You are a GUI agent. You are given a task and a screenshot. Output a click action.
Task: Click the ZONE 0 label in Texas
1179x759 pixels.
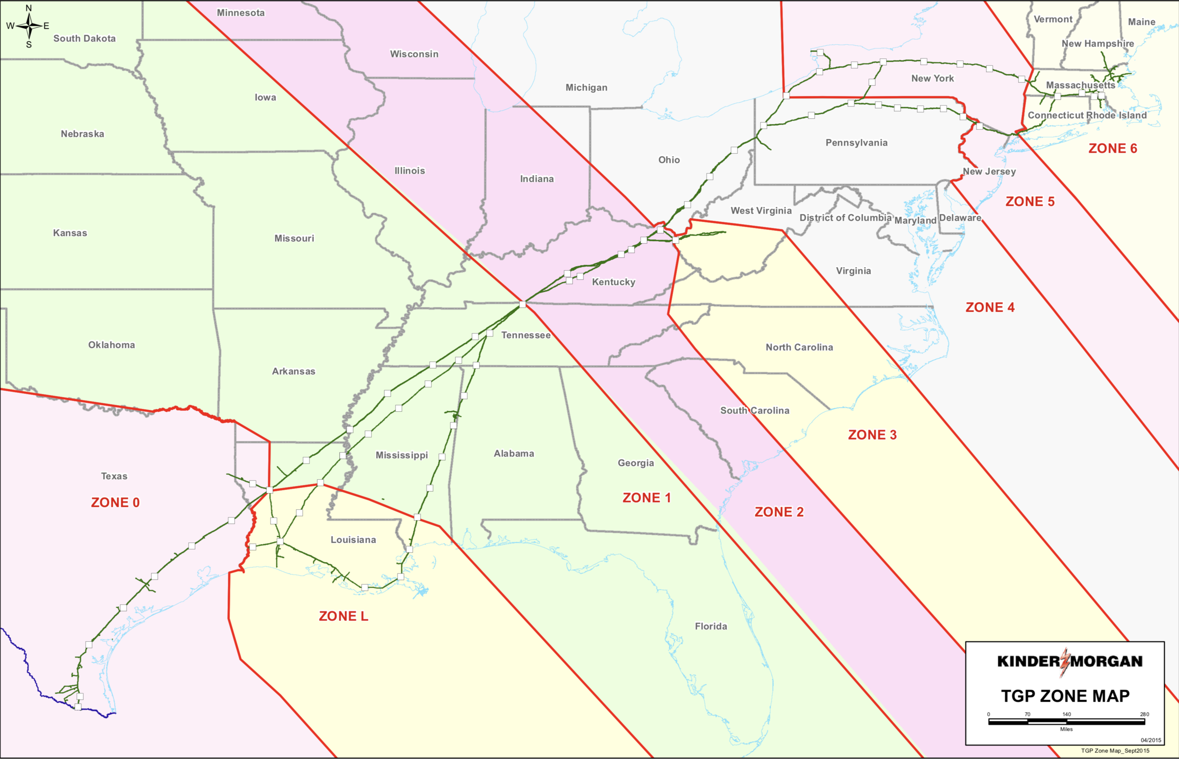(x=115, y=502)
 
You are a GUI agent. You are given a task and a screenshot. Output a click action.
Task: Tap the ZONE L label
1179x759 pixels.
(x=343, y=616)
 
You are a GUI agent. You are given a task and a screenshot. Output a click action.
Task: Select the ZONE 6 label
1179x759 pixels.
(x=1113, y=148)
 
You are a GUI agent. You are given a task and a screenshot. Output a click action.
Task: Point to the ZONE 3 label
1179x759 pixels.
(x=872, y=435)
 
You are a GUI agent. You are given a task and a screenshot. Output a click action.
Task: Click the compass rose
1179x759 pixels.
(x=29, y=25)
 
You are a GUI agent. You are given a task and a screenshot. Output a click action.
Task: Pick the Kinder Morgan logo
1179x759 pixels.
(x=1070, y=661)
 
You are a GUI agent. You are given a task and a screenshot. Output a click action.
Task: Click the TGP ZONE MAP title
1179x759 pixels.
(x=1065, y=696)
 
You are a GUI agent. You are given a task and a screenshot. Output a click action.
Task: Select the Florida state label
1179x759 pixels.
(x=710, y=627)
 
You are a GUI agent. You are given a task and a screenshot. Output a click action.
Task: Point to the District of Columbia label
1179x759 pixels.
(x=845, y=217)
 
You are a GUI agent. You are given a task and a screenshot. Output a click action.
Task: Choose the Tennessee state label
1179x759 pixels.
(x=526, y=335)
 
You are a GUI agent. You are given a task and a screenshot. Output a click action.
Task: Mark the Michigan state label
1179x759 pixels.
(x=586, y=88)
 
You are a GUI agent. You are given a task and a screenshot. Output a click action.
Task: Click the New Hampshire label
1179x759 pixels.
(x=1097, y=43)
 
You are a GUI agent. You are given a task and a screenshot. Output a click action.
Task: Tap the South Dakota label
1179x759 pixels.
(x=84, y=39)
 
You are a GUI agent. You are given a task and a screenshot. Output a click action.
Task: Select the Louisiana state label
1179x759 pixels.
(x=353, y=539)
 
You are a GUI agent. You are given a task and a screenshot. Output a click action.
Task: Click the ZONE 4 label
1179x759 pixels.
(x=989, y=308)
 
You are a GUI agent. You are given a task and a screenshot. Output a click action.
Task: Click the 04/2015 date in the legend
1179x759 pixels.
(x=1150, y=740)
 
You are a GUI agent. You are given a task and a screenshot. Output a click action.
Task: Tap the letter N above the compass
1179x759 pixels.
(x=29, y=8)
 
